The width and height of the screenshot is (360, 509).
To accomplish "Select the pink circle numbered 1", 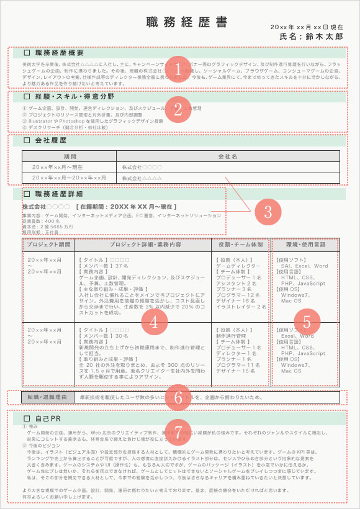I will (178, 68).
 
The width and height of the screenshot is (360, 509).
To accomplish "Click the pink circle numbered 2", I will (178, 110).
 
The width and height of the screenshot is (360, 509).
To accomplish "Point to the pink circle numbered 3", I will (268, 210).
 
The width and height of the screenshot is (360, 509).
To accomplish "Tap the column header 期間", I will (69, 156).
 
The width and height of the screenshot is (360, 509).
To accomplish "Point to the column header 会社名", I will (228, 156).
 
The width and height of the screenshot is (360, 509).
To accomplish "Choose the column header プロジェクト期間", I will (48, 245).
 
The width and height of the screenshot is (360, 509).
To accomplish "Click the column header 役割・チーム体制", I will (240, 245).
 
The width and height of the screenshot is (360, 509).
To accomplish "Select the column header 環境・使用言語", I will (306, 245).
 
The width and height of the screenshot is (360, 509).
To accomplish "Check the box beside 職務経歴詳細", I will (27, 194).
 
